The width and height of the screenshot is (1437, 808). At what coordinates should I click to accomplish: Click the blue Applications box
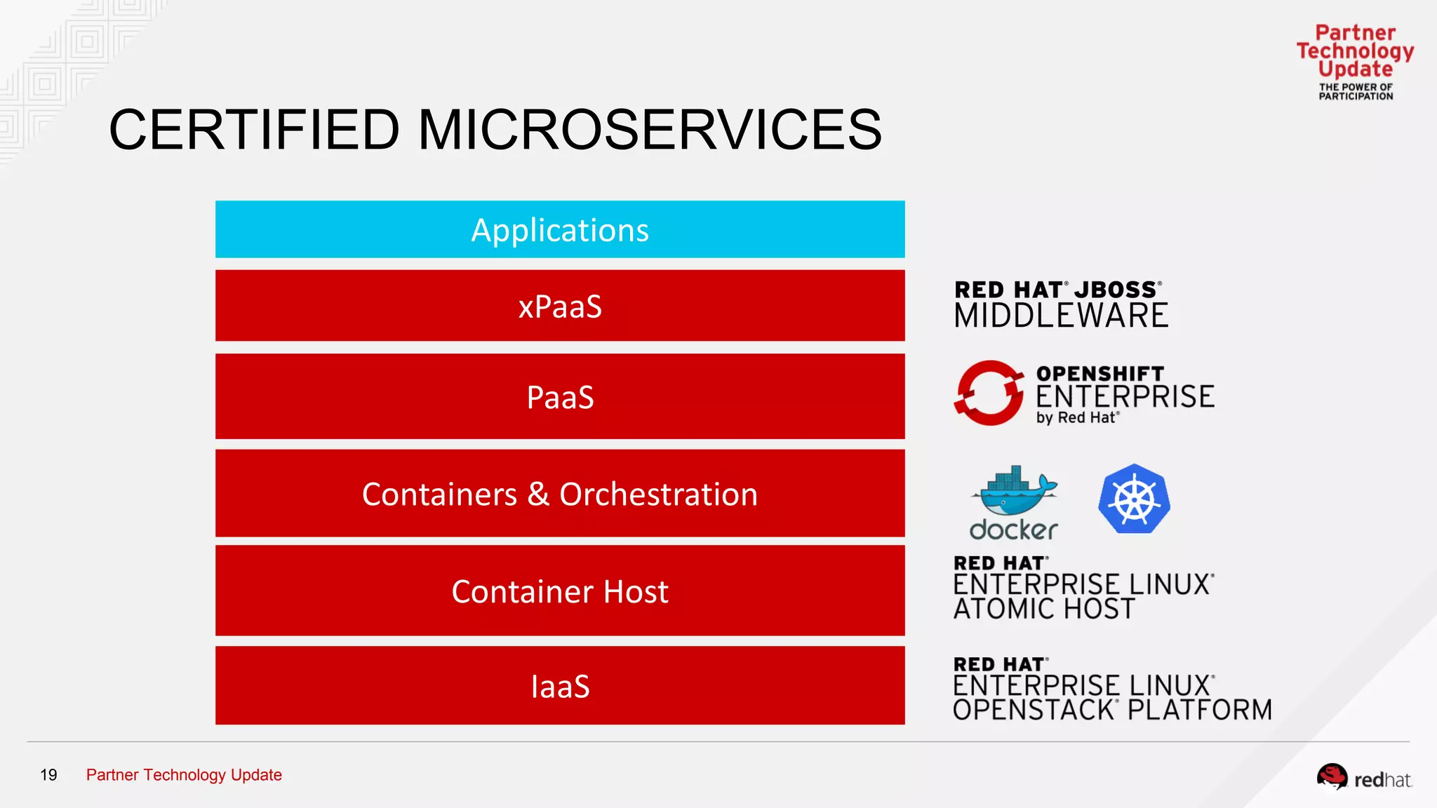tap(560, 229)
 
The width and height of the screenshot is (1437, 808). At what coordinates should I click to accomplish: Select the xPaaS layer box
tap(560, 306)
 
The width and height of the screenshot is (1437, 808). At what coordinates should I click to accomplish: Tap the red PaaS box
tap(560, 396)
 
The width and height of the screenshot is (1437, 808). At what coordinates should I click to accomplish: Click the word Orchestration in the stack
tap(658, 494)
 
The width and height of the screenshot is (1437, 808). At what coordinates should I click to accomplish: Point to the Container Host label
tap(560, 591)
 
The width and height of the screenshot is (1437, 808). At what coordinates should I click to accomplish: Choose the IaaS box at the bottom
tap(560, 686)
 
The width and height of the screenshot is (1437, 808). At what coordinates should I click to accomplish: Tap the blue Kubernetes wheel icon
tap(1134, 499)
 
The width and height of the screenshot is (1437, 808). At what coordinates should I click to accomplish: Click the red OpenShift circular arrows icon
tap(989, 393)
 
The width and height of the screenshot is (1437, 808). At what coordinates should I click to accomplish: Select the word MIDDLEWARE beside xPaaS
tap(1061, 316)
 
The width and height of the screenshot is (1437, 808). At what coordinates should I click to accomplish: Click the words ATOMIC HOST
tap(1043, 609)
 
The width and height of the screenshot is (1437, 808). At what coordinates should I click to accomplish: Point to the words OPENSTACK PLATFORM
tap(1112, 710)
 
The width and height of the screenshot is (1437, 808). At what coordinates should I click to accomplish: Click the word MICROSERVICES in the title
tap(650, 130)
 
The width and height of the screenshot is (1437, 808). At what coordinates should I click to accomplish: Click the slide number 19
tap(48, 775)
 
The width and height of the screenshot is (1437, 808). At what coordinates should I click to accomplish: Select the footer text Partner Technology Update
tap(184, 775)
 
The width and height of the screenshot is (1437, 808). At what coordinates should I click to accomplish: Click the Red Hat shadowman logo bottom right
tap(1332, 776)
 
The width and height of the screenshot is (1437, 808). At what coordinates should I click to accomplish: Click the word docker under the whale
tap(1013, 530)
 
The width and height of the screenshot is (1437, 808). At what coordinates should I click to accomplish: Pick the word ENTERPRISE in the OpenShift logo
tap(1125, 397)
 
